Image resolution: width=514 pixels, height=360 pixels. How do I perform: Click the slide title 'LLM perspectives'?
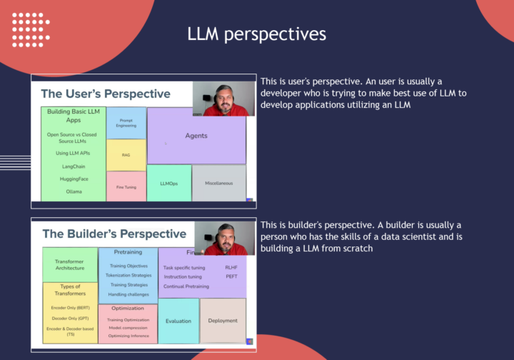pyautogui.click(x=256, y=34)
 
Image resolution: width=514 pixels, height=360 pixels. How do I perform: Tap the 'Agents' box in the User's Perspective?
pyautogui.click(x=196, y=136)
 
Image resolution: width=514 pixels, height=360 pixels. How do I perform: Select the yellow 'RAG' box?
pyautogui.click(x=126, y=155)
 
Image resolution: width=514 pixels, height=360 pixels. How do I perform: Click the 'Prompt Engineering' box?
pyautogui.click(x=126, y=123)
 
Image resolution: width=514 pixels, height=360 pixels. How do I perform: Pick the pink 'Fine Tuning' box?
pyautogui.click(x=126, y=186)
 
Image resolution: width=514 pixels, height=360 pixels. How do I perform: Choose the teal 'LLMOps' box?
pyautogui.click(x=168, y=184)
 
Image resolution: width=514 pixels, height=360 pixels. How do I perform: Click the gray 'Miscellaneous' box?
pyautogui.click(x=218, y=184)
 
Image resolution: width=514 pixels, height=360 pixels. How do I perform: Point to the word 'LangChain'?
pyautogui.click(x=73, y=166)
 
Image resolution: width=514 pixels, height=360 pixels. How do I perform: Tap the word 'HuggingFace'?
pyautogui.click(x=73, y=179)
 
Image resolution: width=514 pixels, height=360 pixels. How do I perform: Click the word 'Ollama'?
pyautogui.click(x=73, y=191)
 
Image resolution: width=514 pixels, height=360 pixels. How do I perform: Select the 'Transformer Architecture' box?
pyautogui.click(x=69, y=264)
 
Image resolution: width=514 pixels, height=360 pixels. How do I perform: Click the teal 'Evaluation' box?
pyautogui.click(x=178, y=321)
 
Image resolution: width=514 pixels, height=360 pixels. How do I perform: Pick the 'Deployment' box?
pyautogui.click(x=223, y=321)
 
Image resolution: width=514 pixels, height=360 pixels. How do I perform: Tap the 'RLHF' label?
pyautogui.click(x=231, y=268)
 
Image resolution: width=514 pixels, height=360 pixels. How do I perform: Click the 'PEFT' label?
pyautogui.click(x=231, y=276)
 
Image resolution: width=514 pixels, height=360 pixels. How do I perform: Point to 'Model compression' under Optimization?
pyautogui.click(x=128, y=327)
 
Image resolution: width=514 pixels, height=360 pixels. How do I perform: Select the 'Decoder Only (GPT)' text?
pyautogui.click(x=70, y=318)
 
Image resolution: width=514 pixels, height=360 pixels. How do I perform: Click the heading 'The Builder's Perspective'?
pyautogui.click(x=114, y=234)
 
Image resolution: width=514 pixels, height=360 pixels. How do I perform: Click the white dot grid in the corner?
pyautogui.click(x=31, y=30)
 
